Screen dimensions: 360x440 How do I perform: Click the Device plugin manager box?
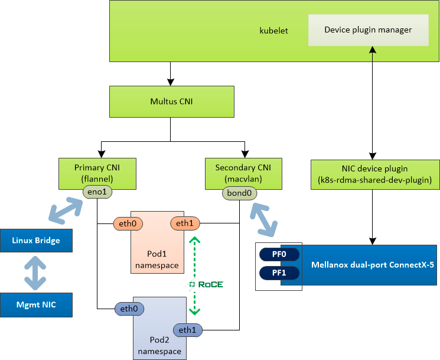tap(368, 29)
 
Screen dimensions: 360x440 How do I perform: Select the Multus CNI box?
tap(171, 102)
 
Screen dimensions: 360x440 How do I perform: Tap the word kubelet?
tap(274, 30)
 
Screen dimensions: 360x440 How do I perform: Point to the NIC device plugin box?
tap(375, 174)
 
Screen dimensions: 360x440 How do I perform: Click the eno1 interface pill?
tap(97, 192)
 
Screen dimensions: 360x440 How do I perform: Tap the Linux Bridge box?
tap(36, 241)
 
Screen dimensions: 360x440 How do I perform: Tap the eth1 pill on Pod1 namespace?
tap(185, 223)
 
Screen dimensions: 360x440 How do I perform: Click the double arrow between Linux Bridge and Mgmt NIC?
tap(36, 273)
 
